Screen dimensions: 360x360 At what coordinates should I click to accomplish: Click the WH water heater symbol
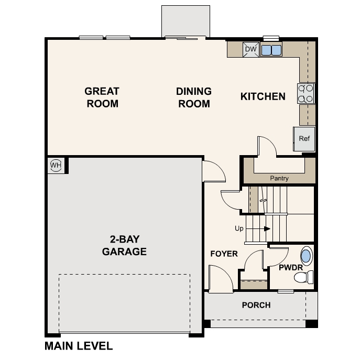coord(56,166)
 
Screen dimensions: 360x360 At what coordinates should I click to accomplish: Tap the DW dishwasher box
coord(250,49)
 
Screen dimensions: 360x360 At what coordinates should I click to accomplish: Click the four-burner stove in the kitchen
coord(306,93)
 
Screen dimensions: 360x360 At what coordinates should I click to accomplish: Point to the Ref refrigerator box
coord(304,139)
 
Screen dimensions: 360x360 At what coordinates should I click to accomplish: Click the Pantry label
coord(279,178)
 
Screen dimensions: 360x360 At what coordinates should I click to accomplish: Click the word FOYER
coord(224,254)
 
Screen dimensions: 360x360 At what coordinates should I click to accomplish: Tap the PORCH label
coord(256,305)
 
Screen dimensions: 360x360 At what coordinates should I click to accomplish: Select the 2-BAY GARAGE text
coord(124,245)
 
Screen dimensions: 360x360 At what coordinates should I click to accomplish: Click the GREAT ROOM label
coord(102,97)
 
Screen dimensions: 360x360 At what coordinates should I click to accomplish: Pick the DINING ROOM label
coord(194,97)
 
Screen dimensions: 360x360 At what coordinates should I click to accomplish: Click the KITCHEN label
coord(263,96)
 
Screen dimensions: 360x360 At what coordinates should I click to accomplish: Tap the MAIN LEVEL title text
coord(79,346)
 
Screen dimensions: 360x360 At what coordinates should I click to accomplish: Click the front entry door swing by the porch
coord(220,278)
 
